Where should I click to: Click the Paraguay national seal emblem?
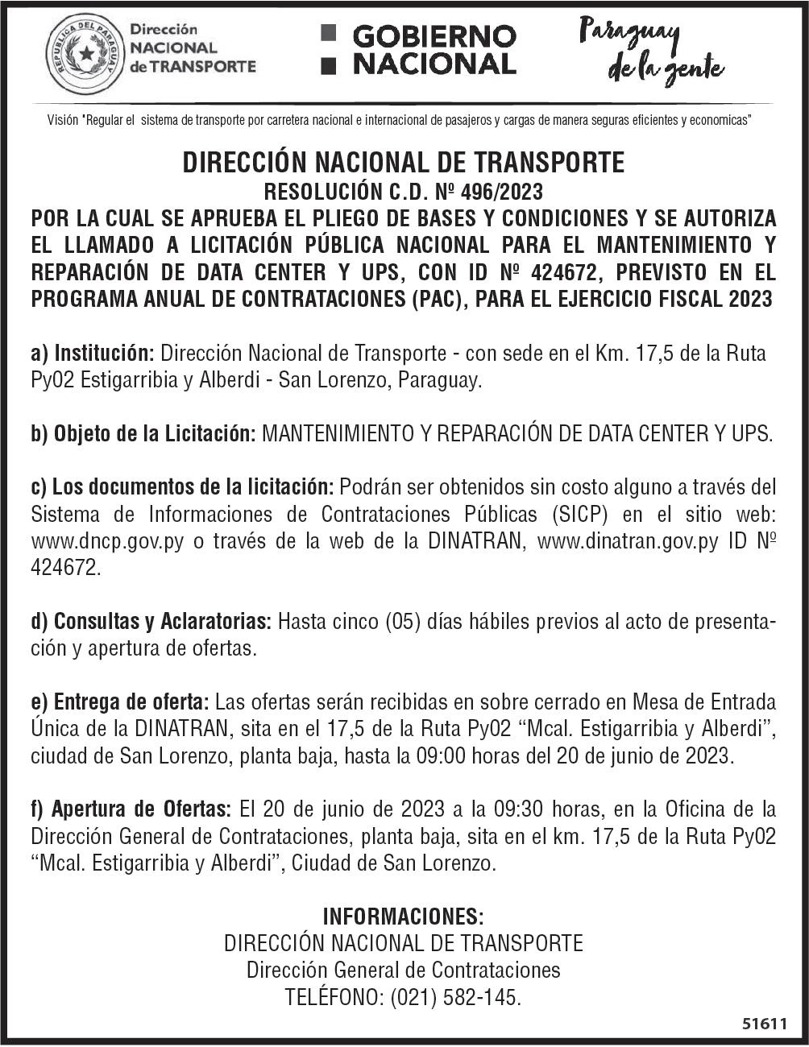[85, 54]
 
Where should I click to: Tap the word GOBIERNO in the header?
[434, 36]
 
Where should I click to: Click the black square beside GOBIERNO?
[327, 34]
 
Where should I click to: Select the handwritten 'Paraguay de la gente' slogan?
[651, 50]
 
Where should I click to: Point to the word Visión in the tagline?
[63, 121]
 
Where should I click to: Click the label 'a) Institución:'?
[93, 354]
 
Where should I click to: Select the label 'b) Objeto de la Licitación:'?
[143, 434]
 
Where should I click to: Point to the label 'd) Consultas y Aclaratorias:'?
[151, 622]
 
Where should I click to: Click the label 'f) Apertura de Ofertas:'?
[131, 809]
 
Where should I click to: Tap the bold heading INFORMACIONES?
[404, 917]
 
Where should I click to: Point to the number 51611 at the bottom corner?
[763, 1024]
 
